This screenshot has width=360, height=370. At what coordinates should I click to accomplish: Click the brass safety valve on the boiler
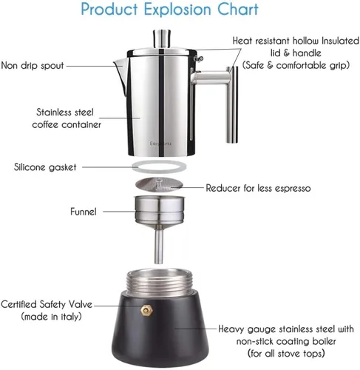tap(146, 310)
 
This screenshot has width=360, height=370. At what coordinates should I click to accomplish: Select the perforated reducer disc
tap(159, 184)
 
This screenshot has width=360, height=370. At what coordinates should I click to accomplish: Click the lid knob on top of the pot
tap(162, 38)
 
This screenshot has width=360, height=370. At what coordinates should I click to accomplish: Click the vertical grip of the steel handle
tap(232, 105)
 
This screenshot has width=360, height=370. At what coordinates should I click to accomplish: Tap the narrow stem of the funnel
tap(159, 246)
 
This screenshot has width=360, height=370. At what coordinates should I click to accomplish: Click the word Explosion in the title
tap(177, 10)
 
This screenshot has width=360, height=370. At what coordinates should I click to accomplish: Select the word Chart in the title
tap(238, 10)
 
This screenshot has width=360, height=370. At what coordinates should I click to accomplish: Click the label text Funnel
tap(84, 212)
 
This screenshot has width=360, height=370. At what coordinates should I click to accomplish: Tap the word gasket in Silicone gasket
tap(62, 167)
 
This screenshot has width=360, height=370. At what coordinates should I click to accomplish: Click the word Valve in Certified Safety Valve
tap(80, 304)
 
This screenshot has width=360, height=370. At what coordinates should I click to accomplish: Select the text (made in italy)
tap(51, 317)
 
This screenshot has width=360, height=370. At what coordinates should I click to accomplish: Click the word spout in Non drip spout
tap(52, 66)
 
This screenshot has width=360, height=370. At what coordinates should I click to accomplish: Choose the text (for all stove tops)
tap(286, 354)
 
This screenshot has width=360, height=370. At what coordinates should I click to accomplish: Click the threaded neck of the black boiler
tap(159, 283)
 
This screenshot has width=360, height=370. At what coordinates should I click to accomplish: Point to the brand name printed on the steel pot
tap(160, 144)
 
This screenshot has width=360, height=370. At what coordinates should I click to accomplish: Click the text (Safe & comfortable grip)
tap(296, 65)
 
